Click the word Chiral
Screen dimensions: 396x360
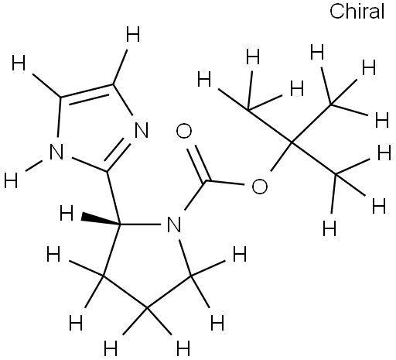[357, 12]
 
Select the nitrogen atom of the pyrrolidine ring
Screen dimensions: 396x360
[174, 224]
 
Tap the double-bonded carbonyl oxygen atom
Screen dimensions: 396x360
[184, 131]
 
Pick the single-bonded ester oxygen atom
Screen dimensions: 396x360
[260, 187]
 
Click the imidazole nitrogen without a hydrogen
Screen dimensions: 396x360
[142, 131]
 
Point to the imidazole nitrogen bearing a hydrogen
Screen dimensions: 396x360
[56, 152]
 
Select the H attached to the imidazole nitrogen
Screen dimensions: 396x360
[11, 180]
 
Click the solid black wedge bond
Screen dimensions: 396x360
[101, 219]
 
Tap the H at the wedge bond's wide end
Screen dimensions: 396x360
[67, 213]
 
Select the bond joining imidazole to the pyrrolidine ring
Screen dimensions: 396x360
[114, 198]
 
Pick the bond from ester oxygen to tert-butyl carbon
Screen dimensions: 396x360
[281, 156]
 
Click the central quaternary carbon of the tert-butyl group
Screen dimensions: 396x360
[292, 142]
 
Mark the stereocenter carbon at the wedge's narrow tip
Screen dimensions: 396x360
[121, 225]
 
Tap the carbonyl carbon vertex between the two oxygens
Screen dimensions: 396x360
[207, 181]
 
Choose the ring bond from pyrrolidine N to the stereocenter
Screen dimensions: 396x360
[141, 225]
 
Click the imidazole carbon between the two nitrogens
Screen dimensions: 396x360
[107, 171]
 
